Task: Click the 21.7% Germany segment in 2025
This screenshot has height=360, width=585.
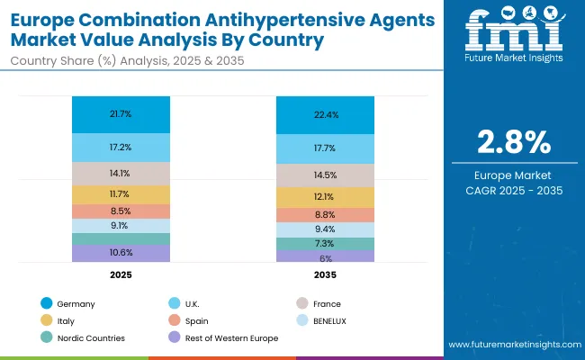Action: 121,114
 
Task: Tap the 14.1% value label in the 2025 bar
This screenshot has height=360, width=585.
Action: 121,174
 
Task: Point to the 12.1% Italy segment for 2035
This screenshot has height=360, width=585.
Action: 325,197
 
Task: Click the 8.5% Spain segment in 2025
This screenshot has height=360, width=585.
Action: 121,211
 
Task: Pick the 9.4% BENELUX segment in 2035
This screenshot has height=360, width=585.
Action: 325,229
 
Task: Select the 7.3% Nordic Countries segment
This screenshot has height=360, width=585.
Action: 325,244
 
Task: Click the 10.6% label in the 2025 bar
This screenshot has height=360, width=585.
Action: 121,253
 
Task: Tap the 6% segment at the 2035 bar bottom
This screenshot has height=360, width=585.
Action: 325,257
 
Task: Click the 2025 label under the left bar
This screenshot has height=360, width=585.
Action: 121,274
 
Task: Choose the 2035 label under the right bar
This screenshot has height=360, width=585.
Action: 325,274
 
